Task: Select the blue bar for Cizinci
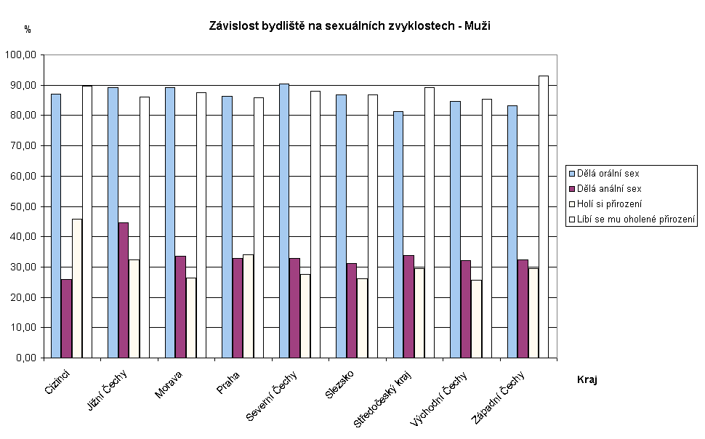[56, 225]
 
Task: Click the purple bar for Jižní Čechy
[124, 290]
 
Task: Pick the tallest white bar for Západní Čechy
[543, 217]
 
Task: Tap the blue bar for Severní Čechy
[284, 220]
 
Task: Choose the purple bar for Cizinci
[67, 318]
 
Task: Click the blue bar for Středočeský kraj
[398, 234]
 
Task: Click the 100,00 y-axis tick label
[23, 55]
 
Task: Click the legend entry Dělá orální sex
[609, 174]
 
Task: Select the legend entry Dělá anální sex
[609, 189]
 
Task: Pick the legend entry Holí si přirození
[610, 204]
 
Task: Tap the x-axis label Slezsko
[339, 384]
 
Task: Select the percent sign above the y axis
[28, 30]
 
